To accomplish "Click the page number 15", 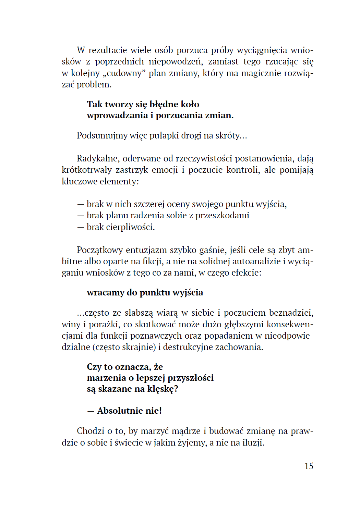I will click(309, 466).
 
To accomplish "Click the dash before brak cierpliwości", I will click(81, 227).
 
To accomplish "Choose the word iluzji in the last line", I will click(253, 442).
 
